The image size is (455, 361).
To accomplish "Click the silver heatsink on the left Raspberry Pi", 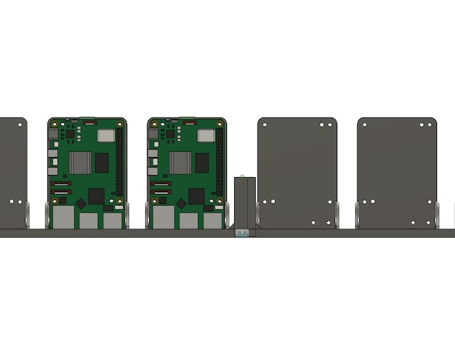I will pos(80,162).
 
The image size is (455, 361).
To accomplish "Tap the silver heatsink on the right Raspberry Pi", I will pos(180,162).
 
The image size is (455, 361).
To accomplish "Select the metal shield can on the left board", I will pos(106,136).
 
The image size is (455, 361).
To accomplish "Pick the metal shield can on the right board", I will pos(206,136).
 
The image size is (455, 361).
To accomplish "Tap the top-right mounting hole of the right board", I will pos(219,124).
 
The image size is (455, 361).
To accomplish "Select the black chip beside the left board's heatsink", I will pos(102,162).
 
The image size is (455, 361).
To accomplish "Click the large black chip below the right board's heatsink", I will pos(196,196).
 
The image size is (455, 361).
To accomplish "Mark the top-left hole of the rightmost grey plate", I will pos(364,124).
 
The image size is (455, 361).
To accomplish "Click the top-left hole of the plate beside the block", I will pos(265,124).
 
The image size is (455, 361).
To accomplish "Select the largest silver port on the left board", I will pos(64,217).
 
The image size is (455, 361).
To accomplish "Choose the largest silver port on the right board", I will pos(163,217).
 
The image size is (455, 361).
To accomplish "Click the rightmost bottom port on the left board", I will pos(112,221).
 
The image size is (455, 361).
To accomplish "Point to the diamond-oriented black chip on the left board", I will pos(80,203).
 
